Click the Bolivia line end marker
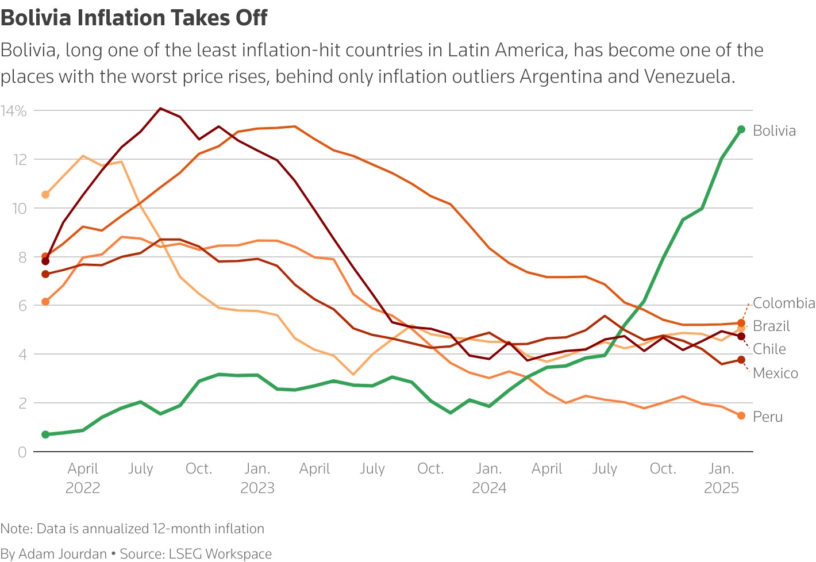pyautogui.click(x=741, y=129)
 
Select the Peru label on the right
pyautogui.click(x=768, y=417)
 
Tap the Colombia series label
pyautogui.click(x=784, y=303)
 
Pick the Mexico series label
pyautogui.click(x=775, y=373)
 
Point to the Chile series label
pyautogui.click(x=769, y=349)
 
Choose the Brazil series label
pyautogui.click(x=771, y=326)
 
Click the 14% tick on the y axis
pyautogui.click(x=14, y=111)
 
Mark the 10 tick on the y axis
pyautogui.click(x=20, y=208)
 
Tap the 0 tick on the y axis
pyautogui.click(x=22, y=452)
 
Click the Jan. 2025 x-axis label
pyautogui.click(x=721, y=478)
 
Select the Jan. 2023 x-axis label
pyautogui.click(x=257, y=478)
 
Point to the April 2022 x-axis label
pyautogui.click(x=83, y=478)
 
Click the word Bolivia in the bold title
pyautogui.click(x=37, y=18)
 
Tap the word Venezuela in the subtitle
pyautogui.click(x=687, y=76)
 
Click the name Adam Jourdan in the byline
pyautogui.click(x=63, y=554)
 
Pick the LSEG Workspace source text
pyautogui.click(x=220, y=554)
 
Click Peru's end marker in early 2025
pyautogui.click(x=741, y=415)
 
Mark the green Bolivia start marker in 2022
pyautogui.click(x=45, y=434)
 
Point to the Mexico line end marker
pyautogui.click(x=741, y=360)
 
